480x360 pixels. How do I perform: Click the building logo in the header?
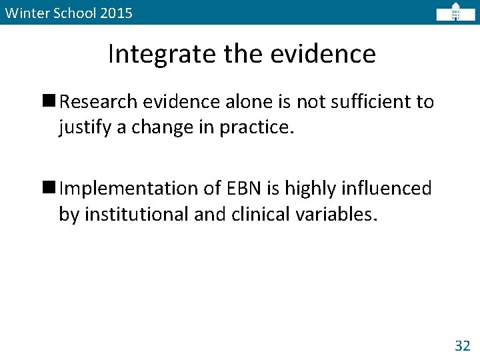click(455, 13)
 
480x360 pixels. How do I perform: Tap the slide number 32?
click(462, 345)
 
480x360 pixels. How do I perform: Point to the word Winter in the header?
click(23, 13)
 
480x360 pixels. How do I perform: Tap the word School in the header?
click(71, 13)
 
